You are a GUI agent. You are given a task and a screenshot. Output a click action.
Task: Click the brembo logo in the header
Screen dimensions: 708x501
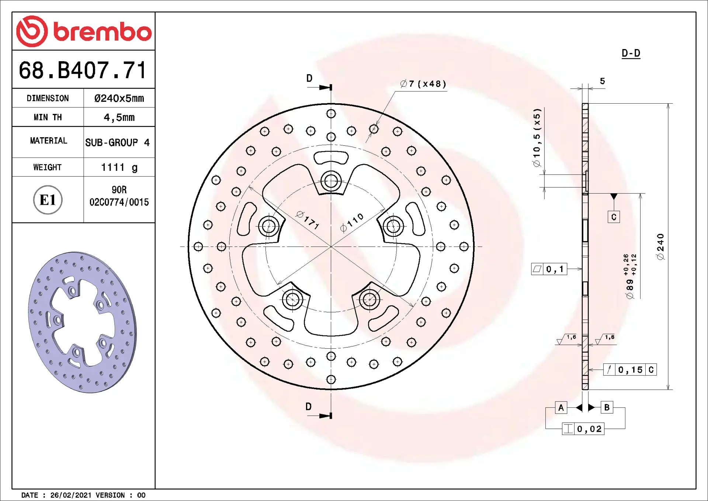pos(84,31)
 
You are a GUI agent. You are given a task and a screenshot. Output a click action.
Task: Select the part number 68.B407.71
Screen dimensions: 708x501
pos(83,70)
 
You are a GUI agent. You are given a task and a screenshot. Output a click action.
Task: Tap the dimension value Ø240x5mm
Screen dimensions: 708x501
pos(119,98)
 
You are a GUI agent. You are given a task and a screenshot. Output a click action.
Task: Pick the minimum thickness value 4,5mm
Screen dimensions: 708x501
pos(119,117)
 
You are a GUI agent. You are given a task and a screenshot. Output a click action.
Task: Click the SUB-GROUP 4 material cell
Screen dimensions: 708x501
pos(118,142)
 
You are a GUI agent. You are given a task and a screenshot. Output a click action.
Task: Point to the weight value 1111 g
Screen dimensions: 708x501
pos(119,167)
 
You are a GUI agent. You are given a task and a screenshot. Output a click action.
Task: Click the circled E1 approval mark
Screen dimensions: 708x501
pos(48,200)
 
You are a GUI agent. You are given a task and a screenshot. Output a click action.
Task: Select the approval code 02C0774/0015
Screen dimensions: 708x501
pos(119,202)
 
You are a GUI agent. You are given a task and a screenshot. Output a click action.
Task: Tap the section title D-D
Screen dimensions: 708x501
pos(631,53)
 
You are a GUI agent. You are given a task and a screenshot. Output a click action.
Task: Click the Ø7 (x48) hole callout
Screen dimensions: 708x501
pos(423,84)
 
